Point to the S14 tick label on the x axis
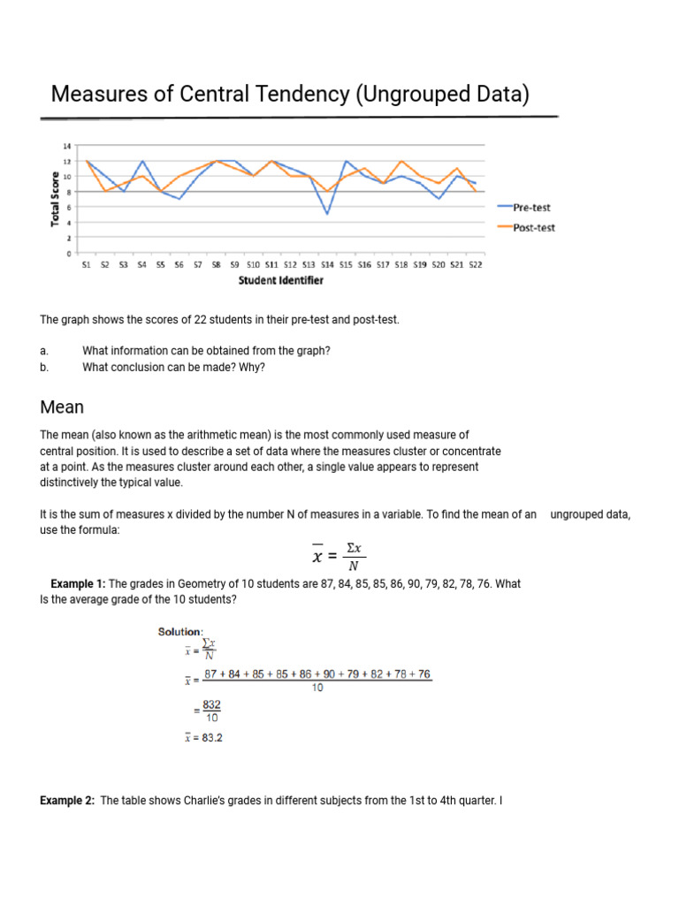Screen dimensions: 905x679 [x=327, y=263]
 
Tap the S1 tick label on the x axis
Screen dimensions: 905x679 [x=86, y=263]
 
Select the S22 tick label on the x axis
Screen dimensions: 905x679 [x=476, y=263]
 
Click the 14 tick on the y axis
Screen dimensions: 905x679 [x=68, y=146]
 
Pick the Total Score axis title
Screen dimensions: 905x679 [x=55, y=198]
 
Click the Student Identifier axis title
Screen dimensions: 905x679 [x=280, y=281]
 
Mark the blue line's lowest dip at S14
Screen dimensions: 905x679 [x=327, y=214]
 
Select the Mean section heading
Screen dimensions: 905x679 [x=62, y=407]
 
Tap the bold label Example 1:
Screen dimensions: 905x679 [x=78, y=584]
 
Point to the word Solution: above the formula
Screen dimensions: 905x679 [x=180, y=631]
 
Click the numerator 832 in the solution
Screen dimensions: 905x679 [x=212, y=704]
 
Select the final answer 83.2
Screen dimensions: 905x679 [x=211, y=738]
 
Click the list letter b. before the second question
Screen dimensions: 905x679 [x=44, y=368]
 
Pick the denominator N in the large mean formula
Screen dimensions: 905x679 [x=352, y=566]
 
